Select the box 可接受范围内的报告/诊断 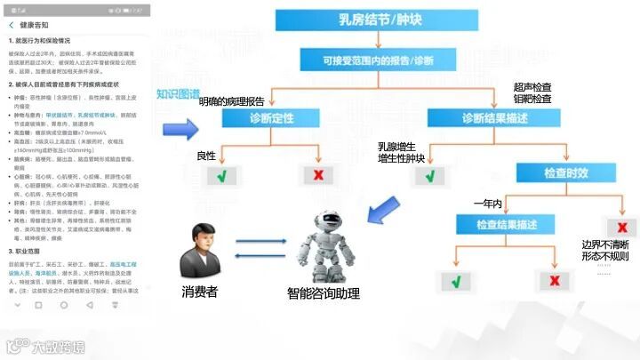click(x=379, y=60)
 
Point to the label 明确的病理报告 click(x=232, y=100)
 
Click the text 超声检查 click(x=532, y=87)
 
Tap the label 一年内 click(x=487, y=204)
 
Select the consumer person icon click(x=202, y=252)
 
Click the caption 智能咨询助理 click(x=323, y=293)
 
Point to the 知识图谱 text click(x=178, y=93)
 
